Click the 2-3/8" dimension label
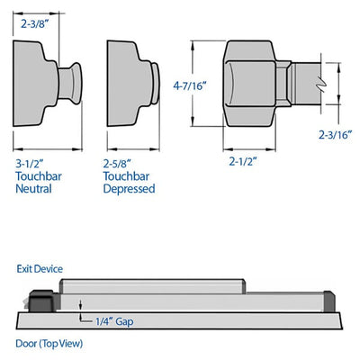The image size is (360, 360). point(34,23)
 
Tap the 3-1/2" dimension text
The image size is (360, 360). point(30,164)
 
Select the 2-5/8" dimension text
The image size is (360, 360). point(117,164)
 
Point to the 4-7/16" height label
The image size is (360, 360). point(190,86)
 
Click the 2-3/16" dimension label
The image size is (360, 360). point(335,135)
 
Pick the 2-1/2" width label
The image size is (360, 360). point(243,162)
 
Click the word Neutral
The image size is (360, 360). point(33,189)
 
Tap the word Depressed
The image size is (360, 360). point(129,189)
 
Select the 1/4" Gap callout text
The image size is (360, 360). point(114,321)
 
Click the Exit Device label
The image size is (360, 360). point(40,269)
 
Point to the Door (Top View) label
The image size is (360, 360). point(49,344)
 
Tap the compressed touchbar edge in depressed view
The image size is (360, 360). point(156,83)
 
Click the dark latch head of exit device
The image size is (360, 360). point(41,301)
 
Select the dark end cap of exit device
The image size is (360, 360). point(329,301)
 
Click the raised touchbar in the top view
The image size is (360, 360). point(152,286)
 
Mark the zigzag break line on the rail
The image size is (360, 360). point(321,85)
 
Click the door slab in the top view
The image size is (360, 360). point(179,320)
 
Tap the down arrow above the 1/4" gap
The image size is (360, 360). point(80,304)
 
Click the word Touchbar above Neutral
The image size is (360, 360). point(39,176)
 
